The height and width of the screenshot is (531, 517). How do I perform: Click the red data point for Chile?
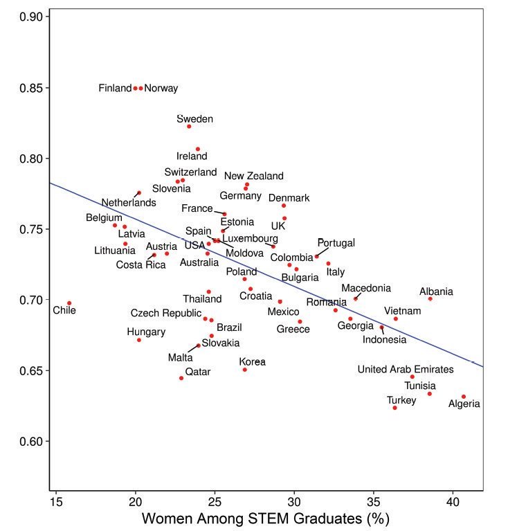[x=69, y=303]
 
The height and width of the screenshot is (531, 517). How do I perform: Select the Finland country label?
[x=115, y=89]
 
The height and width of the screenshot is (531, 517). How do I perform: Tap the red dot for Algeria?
[x=464, y=397]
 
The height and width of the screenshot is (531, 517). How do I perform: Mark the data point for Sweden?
[x=189, y=127]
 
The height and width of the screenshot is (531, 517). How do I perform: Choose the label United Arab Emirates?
[x=406, y=370]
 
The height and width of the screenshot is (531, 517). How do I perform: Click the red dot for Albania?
[x=430, y=298]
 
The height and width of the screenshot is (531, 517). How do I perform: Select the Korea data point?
[x=244, y=370]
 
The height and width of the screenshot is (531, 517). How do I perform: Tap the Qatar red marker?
[x=181, y=378]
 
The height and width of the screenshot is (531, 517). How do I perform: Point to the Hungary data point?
[x=139, y=340]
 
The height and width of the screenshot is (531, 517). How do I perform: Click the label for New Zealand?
[x=253, y=177]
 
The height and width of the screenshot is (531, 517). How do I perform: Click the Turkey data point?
[x=394, y=408]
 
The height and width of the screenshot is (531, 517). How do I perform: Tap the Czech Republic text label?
[x=166, y=314]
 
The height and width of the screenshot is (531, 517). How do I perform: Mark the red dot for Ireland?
[x=198, y=149]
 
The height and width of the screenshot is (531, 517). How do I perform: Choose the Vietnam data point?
[x=396, y=318]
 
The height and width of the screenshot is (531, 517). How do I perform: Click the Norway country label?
[x=161, y=89]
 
